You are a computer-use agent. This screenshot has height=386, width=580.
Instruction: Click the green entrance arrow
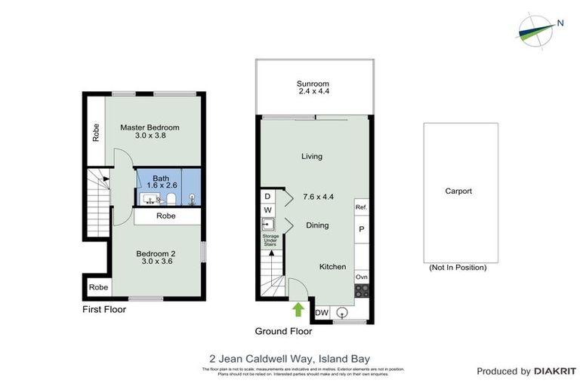click(298, 309)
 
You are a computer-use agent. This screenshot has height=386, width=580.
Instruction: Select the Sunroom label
click(312, 87)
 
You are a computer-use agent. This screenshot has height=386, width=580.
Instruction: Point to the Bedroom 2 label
click(156, 258)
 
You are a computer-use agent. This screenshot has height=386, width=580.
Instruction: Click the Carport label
click(458, 191)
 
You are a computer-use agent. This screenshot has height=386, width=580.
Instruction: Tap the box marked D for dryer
click(267, 196)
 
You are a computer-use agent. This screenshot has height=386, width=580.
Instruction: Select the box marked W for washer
click(267, 210)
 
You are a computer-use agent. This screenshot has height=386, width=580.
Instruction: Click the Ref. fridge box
click(361, 207)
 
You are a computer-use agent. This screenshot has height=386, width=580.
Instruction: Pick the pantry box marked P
click(361, 229)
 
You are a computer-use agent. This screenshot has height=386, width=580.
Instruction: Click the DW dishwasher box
click(321, 313)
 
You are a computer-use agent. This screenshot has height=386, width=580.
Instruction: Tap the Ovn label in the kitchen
click(361, 277)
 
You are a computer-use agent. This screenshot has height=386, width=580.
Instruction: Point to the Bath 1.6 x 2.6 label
click(161, 182)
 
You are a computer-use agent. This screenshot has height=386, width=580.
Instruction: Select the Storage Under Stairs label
click(270, 242)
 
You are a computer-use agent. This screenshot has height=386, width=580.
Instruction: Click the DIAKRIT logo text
click(555, 371)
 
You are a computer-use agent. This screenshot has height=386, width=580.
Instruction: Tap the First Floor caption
click(103, 310)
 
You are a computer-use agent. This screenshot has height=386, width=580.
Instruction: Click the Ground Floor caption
click(283, 331)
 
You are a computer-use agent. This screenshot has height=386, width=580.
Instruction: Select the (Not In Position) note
click(457, 268)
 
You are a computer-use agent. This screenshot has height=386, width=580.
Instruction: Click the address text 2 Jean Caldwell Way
click(290, 359)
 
